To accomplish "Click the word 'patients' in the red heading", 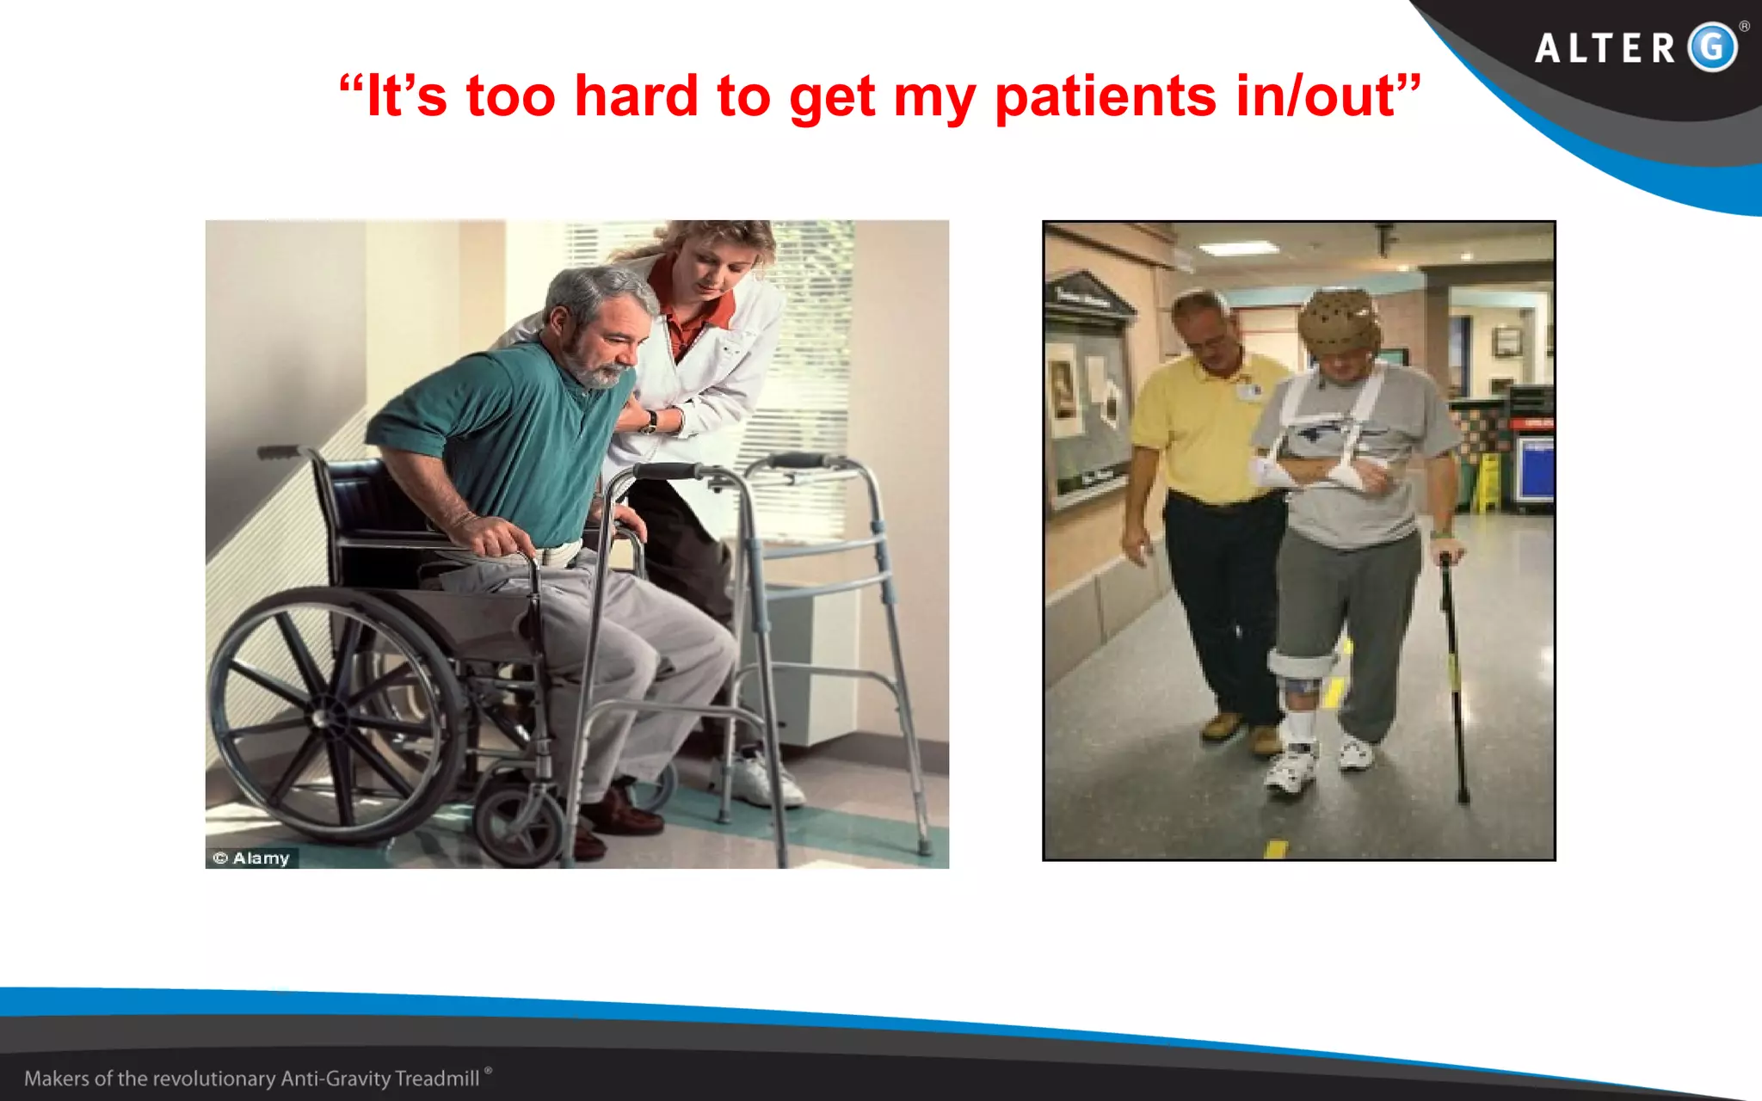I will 1106,96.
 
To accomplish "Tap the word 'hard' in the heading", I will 635,96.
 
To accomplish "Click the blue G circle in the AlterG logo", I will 1712,47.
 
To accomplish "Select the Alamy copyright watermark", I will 252,858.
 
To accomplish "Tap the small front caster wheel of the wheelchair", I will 516,821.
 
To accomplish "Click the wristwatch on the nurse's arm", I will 650,421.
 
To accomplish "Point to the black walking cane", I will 1453,680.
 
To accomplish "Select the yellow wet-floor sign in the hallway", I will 1487,482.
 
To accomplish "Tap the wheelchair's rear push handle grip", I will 277,452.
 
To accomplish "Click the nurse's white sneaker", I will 761,778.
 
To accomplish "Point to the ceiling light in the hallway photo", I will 1239,249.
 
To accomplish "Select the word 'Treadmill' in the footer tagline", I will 437,1079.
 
